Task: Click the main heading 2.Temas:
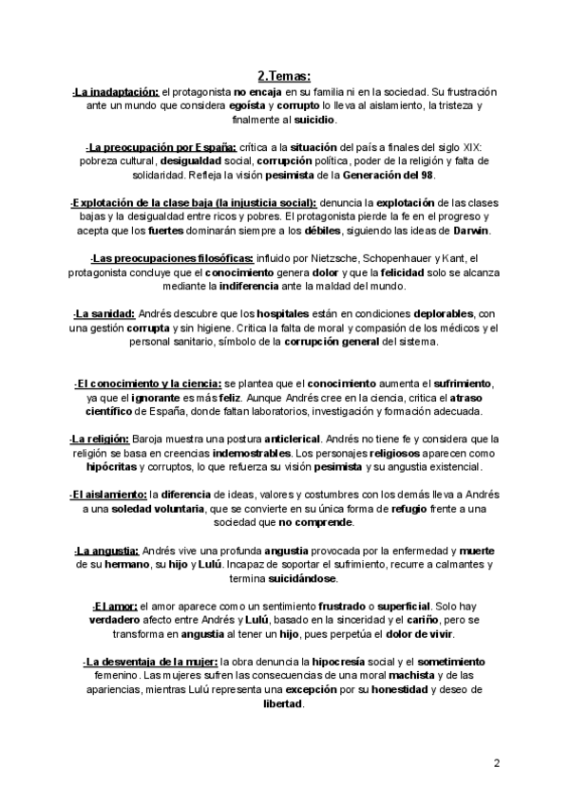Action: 284,76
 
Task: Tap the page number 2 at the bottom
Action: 496,763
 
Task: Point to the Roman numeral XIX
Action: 469,149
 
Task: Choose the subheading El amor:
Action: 114,606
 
